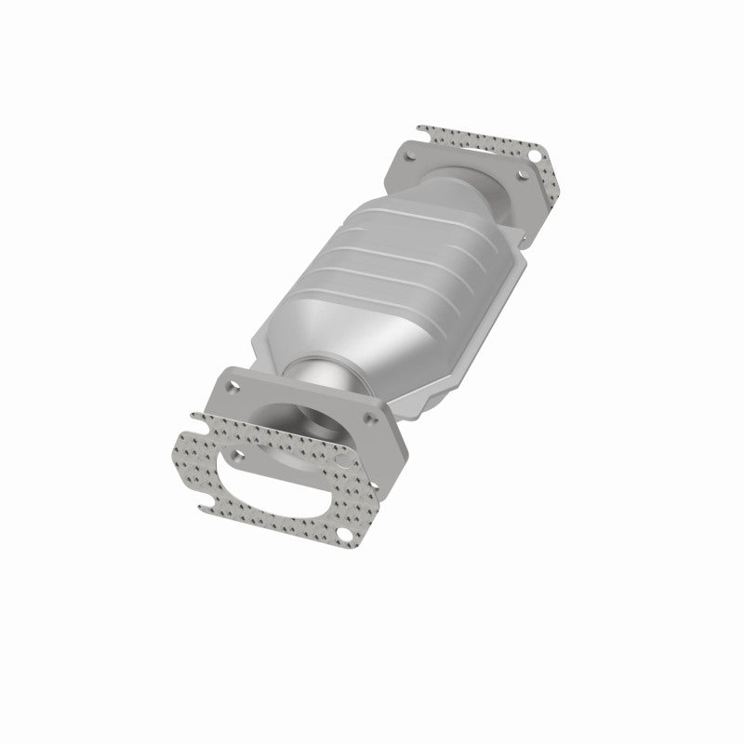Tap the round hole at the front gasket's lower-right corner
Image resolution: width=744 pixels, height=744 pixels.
[x=345, y=534]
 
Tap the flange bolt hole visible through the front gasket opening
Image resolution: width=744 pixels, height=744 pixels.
[x=237, y=457]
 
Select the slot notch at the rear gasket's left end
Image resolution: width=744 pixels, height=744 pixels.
[x=423, y=128]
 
